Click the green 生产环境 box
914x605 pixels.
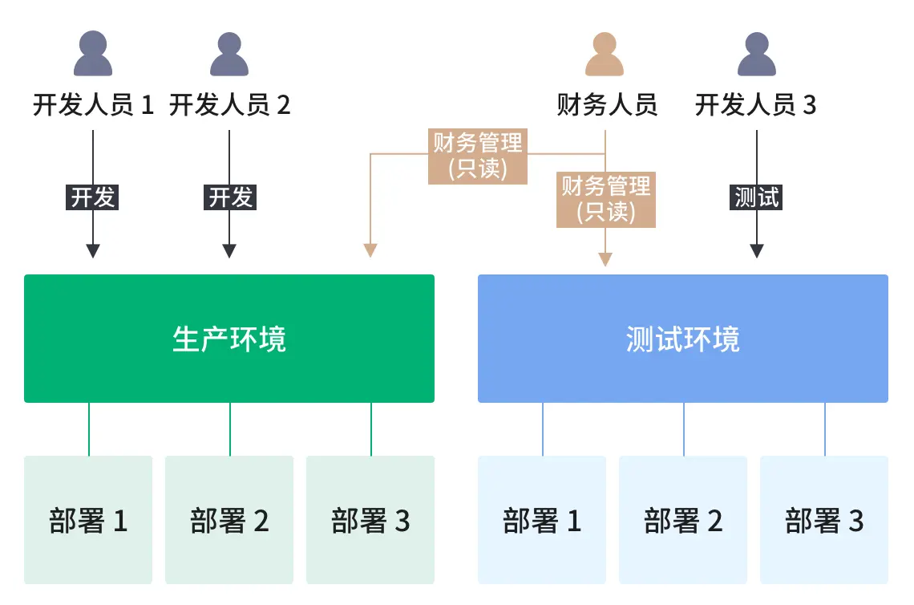(x=229, y=339)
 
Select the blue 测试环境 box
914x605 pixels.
(x=682, y=339)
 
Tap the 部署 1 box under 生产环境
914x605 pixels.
(x=88, y=520)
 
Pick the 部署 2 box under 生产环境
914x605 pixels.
(x=229, y=520)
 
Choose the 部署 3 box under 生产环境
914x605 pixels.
(x=370, y=520)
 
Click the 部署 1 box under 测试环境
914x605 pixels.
(x=542, y=520)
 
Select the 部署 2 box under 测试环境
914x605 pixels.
(x=683, y=520)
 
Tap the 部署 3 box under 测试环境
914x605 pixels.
(x=824, y=520)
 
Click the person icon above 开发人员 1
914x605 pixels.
(x=93, y=55)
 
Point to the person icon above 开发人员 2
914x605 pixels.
(x=229, y=55)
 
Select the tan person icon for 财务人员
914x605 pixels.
(x=605, y=55)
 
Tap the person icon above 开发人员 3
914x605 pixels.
(x=757, y=55)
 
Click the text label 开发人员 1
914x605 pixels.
(x=93, y=105)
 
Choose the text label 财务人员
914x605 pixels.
(x=607, y=105)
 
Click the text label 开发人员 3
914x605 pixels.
(x=755, y=105)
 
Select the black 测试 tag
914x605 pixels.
(x=757, y=197)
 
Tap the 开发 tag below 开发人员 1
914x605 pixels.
(x=93, y=197)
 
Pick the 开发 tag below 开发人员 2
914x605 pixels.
(x=230, y=197)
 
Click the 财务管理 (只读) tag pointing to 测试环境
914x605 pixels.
(x=606, y=199)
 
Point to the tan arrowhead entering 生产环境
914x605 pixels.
(x=370, y=250)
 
